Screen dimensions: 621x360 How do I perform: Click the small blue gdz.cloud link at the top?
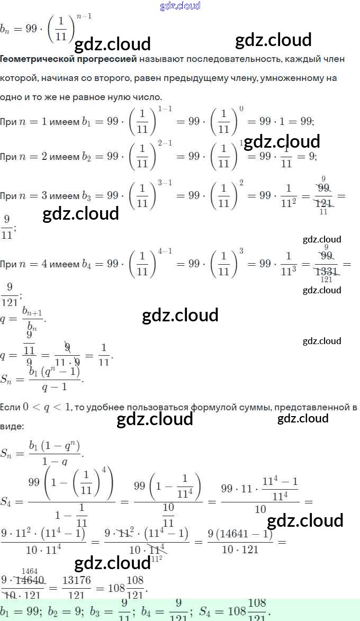tap(180, 6)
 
